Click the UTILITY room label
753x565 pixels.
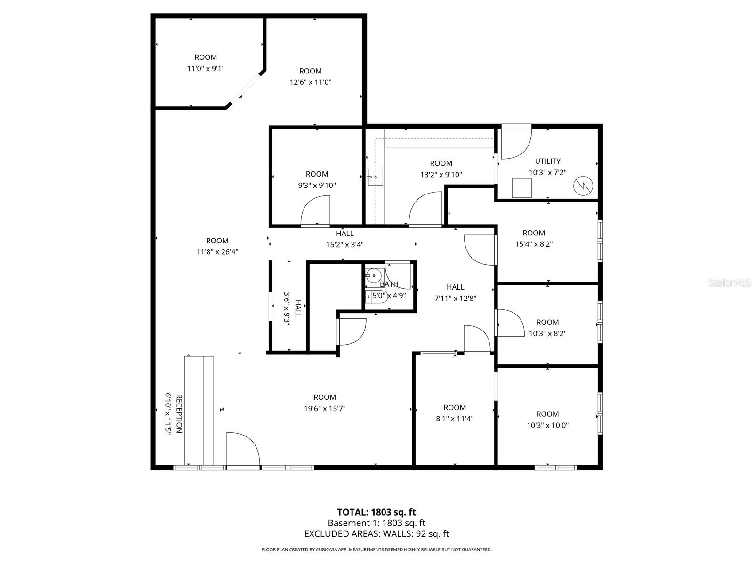click(547, 161)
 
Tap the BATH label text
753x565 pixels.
click(389, 284)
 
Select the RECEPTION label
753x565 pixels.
click(179, 414)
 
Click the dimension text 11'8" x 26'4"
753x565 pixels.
click(217, 252)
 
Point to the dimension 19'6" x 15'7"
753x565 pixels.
click(325, 409)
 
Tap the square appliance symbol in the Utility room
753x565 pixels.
click(521, 187)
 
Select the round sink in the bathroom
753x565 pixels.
click(374, 275)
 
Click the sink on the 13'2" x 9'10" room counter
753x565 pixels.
click(375, 177)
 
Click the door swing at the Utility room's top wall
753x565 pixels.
click(515, 142)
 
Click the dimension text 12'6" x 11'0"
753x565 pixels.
click(311, 82)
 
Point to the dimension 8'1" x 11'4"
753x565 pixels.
click(455, 419)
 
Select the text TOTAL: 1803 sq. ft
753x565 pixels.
click(376, 512)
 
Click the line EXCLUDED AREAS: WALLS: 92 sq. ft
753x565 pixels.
click(376, 534)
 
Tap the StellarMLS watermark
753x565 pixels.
click(729, 282)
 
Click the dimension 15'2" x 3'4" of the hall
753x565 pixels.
click(345, 244)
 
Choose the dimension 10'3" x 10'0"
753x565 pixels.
click(547, 425)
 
